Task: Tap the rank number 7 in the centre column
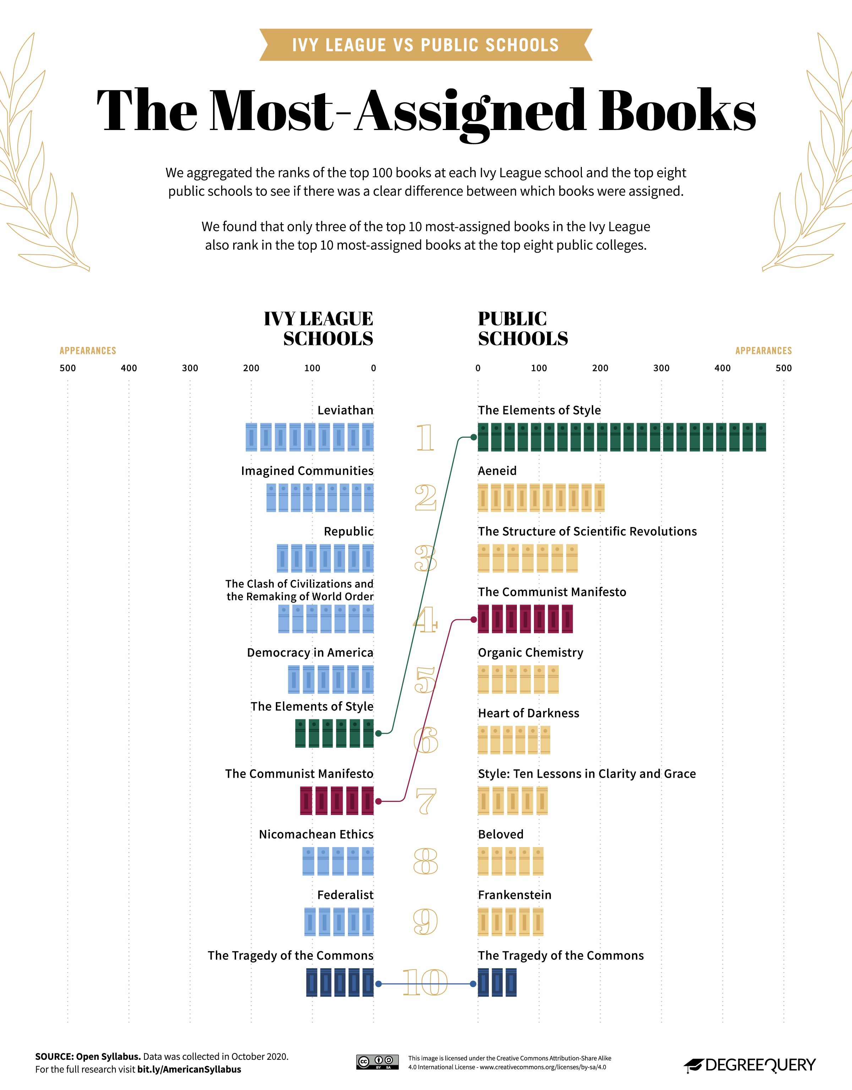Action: [x=426, y=801]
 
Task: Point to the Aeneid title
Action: [x=497, y=471]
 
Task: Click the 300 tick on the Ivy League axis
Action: [x=190, y=368]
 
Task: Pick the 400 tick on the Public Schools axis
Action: [x=722, y=368]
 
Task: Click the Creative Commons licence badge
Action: [x=377, y=1062]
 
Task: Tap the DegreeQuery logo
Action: [x=750, y=1065]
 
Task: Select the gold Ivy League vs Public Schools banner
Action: [x=426, y=45]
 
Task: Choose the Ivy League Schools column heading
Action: [x=319, y=328]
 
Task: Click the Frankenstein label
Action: [x=514, y=895]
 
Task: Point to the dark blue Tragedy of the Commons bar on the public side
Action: [x=497, y=983]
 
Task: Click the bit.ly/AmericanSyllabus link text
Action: [x=189, y=1069]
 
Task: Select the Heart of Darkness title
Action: [x=528, y=713]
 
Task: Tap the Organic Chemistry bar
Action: [x=518, y=679]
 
